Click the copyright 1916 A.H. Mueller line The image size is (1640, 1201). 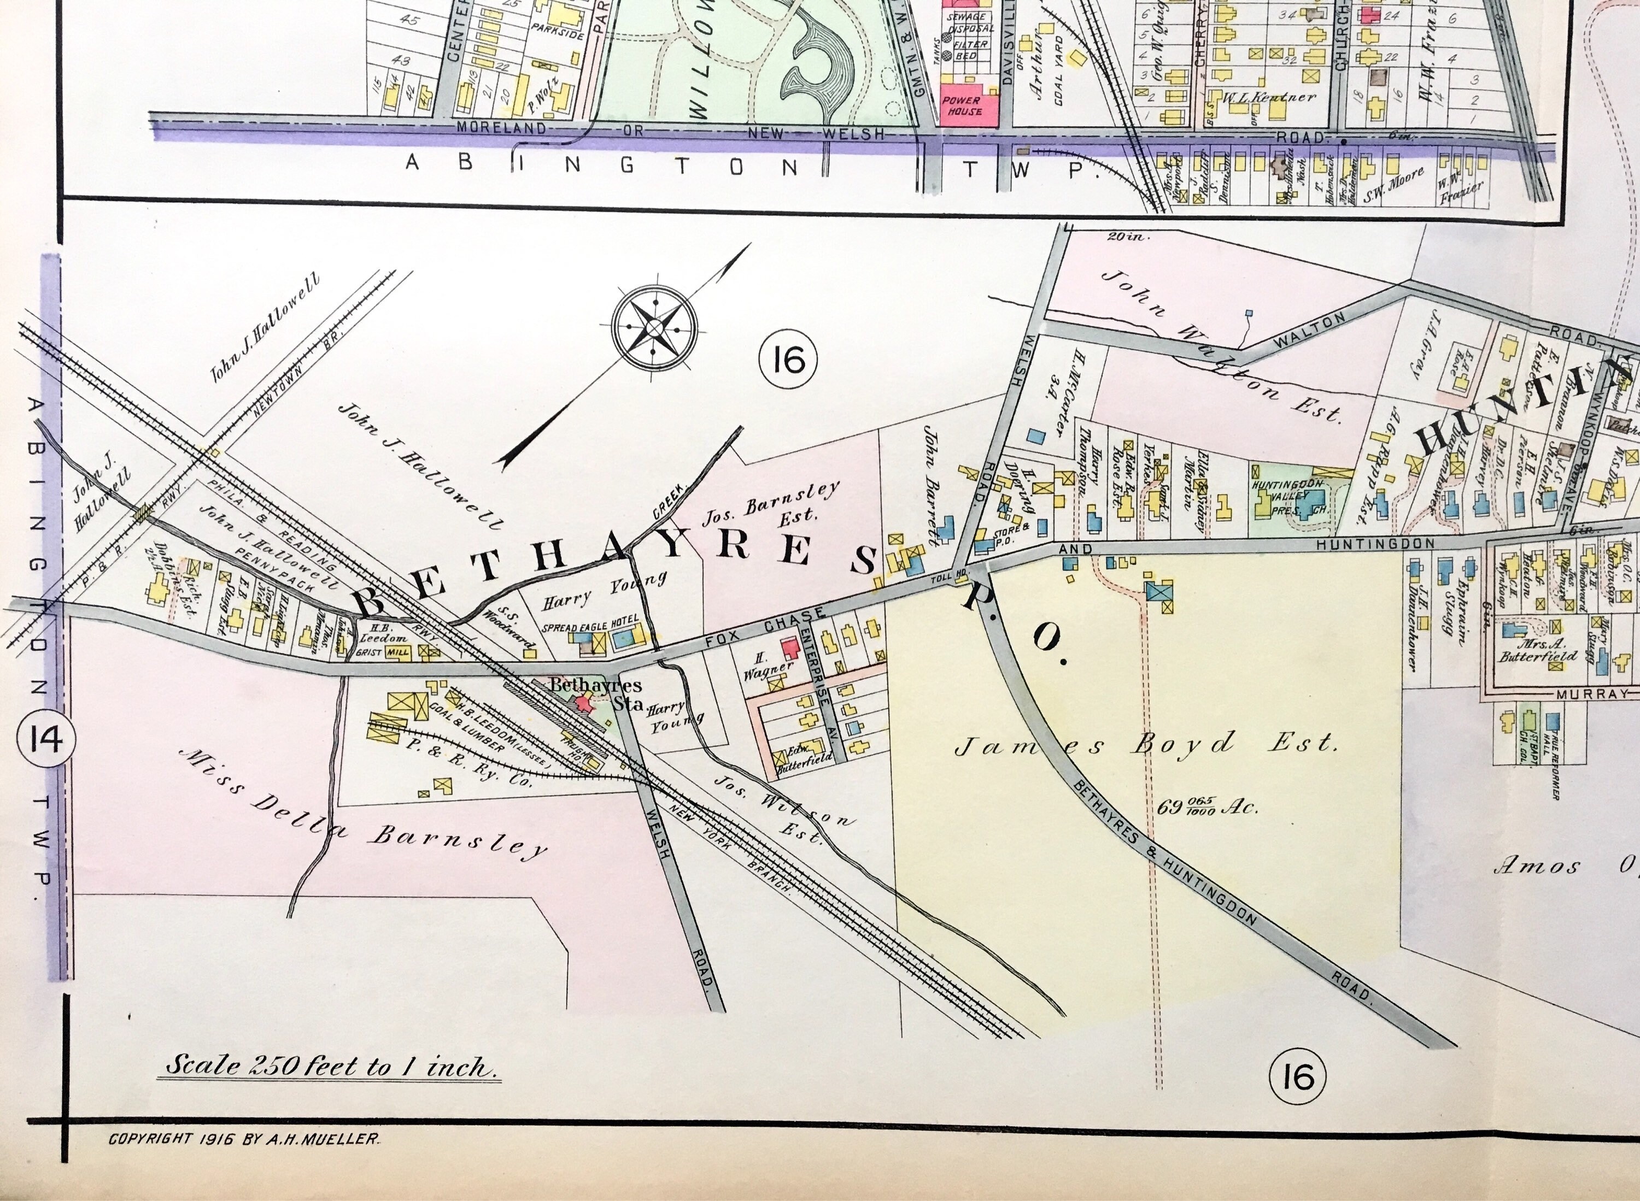point(244,1139)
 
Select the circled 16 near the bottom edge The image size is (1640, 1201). point(1299,1076)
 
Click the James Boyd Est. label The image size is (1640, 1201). point(1145,744)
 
